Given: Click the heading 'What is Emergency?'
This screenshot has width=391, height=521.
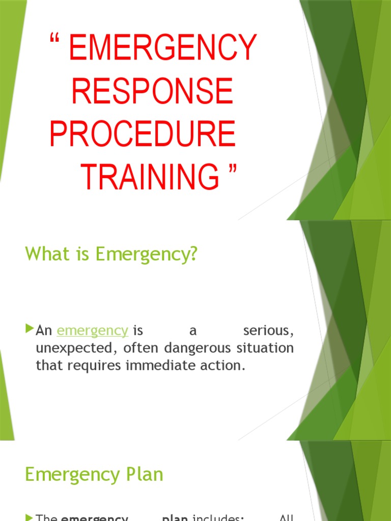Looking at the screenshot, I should point(111,254).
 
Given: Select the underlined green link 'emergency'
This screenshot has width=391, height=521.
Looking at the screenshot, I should point(92,331).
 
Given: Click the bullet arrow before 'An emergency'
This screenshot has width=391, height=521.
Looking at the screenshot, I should point(29,330).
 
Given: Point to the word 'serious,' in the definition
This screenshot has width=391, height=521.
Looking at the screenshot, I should point(268,331).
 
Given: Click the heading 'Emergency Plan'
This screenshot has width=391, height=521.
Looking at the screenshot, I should point(94,475).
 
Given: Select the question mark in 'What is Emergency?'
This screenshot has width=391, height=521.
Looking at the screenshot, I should point(192,254).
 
